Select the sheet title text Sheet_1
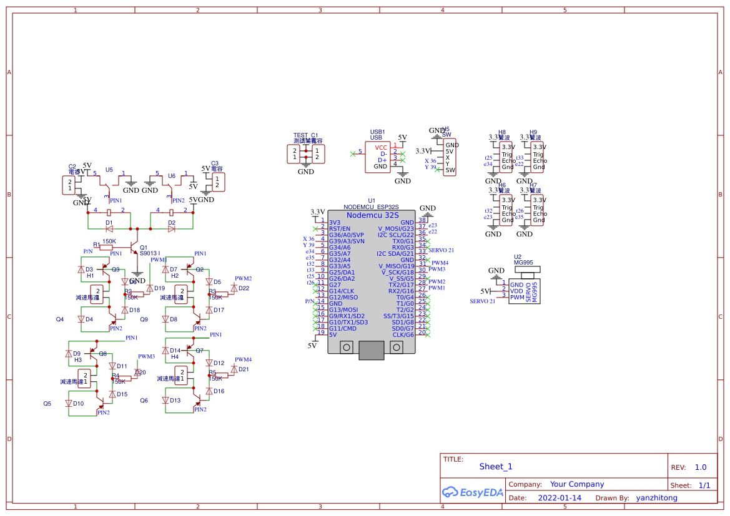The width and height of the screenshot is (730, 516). [496, 467]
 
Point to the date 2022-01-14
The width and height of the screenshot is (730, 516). [559, 498]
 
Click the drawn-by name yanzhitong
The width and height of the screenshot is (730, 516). [656, 498]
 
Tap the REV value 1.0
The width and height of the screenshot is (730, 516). [700, 467]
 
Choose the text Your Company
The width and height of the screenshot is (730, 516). [576, 484]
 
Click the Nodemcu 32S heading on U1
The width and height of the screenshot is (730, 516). [372, 215]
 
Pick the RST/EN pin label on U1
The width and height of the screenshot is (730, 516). [340, 228]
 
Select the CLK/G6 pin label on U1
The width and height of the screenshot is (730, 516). [403, 334]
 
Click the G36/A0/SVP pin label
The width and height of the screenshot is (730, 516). [347, 235]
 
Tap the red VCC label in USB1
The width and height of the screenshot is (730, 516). [381, 147]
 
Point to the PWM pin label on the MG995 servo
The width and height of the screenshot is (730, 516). [517, 298]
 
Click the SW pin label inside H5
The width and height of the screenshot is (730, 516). [450, 170]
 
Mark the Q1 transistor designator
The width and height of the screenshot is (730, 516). [144, 247]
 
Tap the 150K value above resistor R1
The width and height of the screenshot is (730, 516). [109, 241]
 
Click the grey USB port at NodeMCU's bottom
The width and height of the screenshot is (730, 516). [372, 350]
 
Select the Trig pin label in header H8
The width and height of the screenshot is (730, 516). [506, 154]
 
